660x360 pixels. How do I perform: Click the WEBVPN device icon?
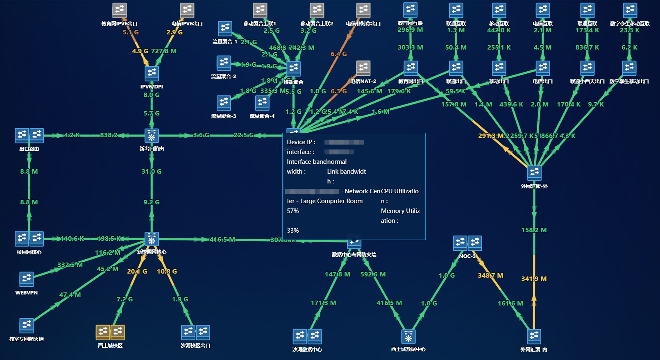(x=27, y=279)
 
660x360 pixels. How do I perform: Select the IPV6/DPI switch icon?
(x=152, y=73)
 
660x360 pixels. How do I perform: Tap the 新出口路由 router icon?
(x=152, y=136)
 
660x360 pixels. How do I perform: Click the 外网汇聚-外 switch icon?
(x=534, y=173)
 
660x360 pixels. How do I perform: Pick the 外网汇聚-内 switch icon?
(x=534, y=336)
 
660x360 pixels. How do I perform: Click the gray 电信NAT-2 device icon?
(x=363, y=68)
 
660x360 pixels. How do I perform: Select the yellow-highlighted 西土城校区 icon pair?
(x=110, y=332)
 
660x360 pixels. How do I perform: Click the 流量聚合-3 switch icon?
(x=224, y=103)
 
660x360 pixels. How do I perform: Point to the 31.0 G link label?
(x=152, y=172)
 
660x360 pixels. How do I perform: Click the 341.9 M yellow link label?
(x=534, y=279)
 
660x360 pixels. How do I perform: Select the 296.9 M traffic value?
(x=410, y=30)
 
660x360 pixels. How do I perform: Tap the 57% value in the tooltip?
(x=293, y=211)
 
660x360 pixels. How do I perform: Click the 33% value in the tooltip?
(x=293, y=231)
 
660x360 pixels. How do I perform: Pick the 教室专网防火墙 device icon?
(x=27, y=325)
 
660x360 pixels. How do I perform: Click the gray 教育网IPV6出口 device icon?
(x=119, y=10)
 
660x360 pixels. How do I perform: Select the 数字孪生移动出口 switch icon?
(x=629, y=68)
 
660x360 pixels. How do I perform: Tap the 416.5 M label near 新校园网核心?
(x=222, y=240)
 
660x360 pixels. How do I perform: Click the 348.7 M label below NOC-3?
(x=490, y=276)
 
